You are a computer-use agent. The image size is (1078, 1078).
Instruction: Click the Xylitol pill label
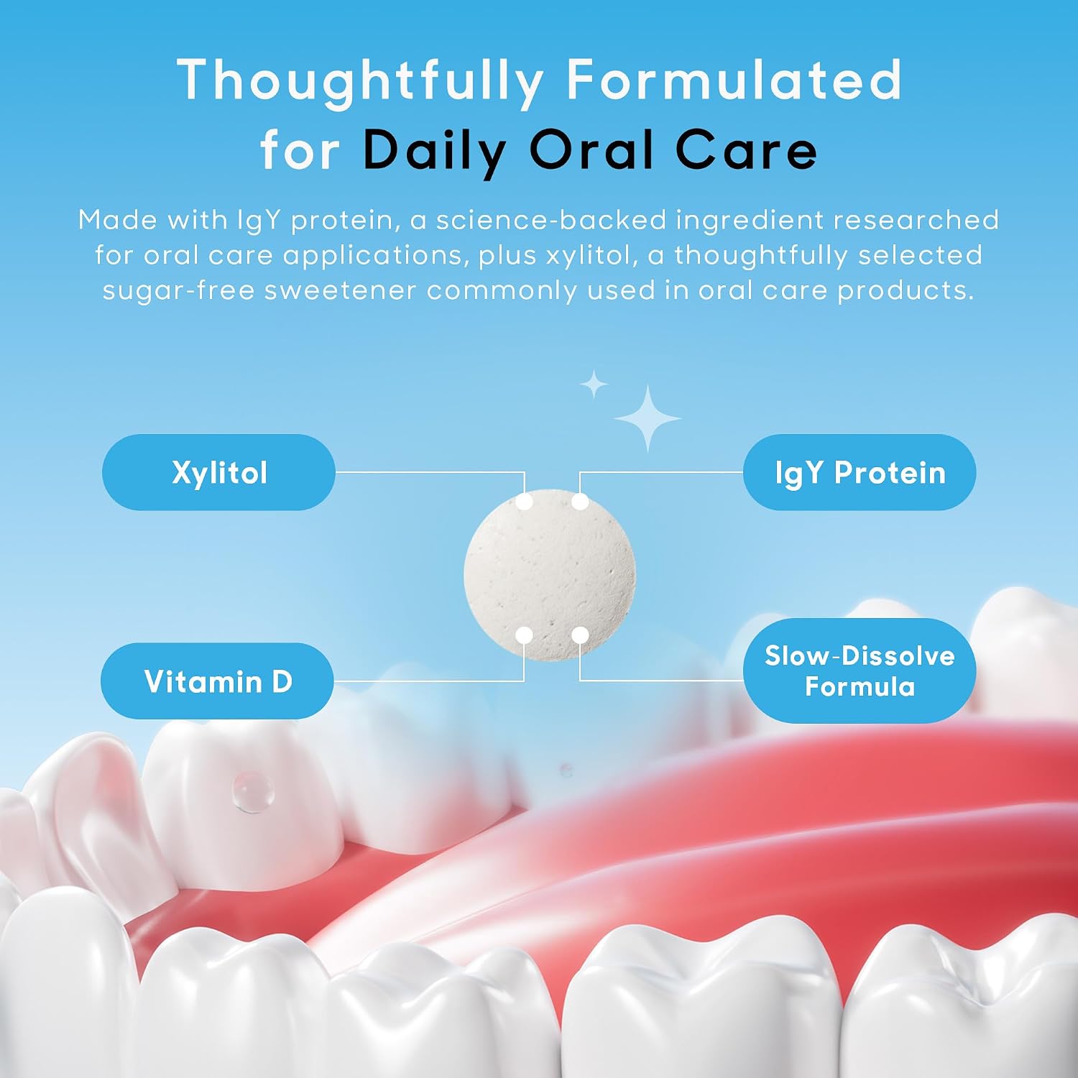218,472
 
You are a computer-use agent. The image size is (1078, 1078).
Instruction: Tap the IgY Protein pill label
860,472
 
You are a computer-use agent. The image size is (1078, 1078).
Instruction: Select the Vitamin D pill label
217,681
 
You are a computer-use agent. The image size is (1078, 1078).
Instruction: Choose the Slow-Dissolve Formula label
860,671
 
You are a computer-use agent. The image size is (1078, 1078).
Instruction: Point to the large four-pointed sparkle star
648,418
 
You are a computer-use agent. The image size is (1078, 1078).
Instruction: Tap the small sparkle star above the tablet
594,384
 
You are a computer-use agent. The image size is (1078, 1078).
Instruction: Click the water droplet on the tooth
253,792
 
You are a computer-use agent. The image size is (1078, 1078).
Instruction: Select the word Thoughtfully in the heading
361,81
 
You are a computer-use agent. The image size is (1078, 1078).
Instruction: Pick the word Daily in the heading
435,152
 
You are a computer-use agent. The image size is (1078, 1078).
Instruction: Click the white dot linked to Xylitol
525,502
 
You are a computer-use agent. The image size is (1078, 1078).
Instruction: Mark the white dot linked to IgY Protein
580,502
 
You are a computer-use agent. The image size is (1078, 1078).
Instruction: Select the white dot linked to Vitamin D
525,635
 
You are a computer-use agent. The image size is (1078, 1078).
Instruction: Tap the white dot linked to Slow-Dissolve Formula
580,635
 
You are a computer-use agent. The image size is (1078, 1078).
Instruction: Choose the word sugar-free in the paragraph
179,291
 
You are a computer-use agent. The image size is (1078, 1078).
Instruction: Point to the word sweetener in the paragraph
341,291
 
